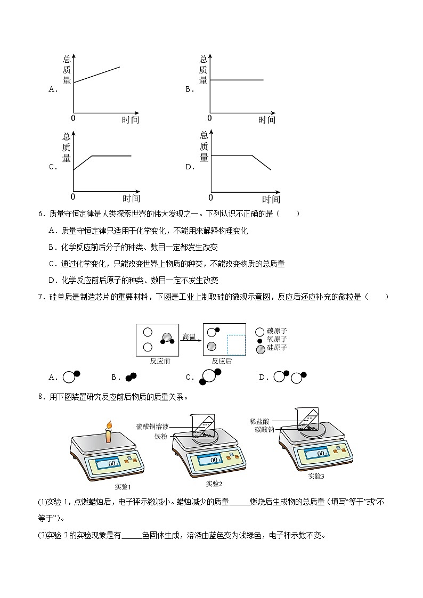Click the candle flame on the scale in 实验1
(109, 425)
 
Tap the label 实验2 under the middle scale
(213, 484)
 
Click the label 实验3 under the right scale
(316, 476)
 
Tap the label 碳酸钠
(264, 429)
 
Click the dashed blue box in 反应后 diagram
(236, 345)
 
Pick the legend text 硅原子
(277, 348)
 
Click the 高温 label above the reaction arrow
(190, 337)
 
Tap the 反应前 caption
(160, 361)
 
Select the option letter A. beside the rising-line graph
(53, 89)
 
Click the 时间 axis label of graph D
(271, 200)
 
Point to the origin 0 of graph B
(209, 118)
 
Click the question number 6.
(40, 214)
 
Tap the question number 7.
(40, 297)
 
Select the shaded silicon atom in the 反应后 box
(212, 346)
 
